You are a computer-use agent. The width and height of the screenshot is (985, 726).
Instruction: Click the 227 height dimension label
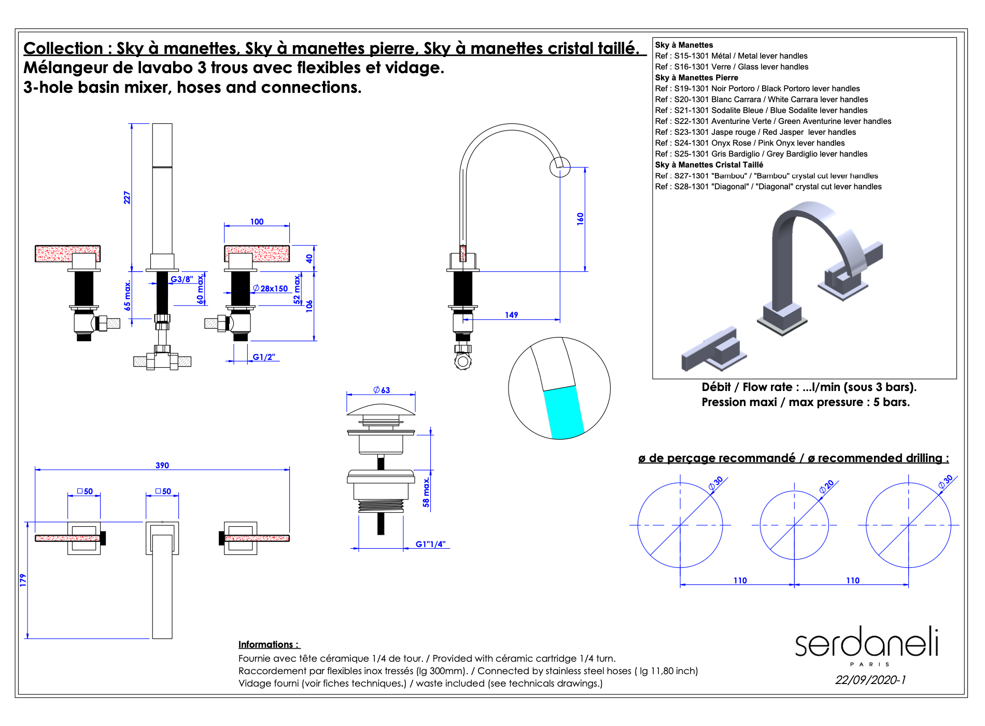point(127,198)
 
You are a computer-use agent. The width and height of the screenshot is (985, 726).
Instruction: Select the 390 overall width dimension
point(162,465)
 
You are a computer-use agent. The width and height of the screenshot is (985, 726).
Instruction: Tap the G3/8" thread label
point(182,279)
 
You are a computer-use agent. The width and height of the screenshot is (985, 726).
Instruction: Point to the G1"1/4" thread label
point(430,544)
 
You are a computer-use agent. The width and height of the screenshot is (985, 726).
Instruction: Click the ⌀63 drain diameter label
point(382,390)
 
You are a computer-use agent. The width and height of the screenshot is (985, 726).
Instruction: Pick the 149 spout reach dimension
point(511,315)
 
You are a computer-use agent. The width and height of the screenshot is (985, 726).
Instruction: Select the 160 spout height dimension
point(580,218)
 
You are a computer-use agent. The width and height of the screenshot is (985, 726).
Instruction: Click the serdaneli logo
point(867,643)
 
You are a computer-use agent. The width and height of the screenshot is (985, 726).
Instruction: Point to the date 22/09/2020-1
point(870,680)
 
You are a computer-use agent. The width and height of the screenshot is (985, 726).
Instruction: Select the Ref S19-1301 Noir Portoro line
point(757,89)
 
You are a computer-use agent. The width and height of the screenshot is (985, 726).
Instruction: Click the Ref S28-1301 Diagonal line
point(768,187)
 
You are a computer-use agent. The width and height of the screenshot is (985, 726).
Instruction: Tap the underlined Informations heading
point(269,645)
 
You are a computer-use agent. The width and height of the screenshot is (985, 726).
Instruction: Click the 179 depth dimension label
point(23,580)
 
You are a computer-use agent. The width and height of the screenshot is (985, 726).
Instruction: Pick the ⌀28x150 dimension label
point(271,288)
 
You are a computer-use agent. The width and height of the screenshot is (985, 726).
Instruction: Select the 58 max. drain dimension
point(426,492)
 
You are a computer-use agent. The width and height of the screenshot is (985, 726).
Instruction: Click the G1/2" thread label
point(264,357)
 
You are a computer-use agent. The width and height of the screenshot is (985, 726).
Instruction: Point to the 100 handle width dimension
point(257,221)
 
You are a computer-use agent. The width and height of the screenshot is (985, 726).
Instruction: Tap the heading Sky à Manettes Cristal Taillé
point(709,165)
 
